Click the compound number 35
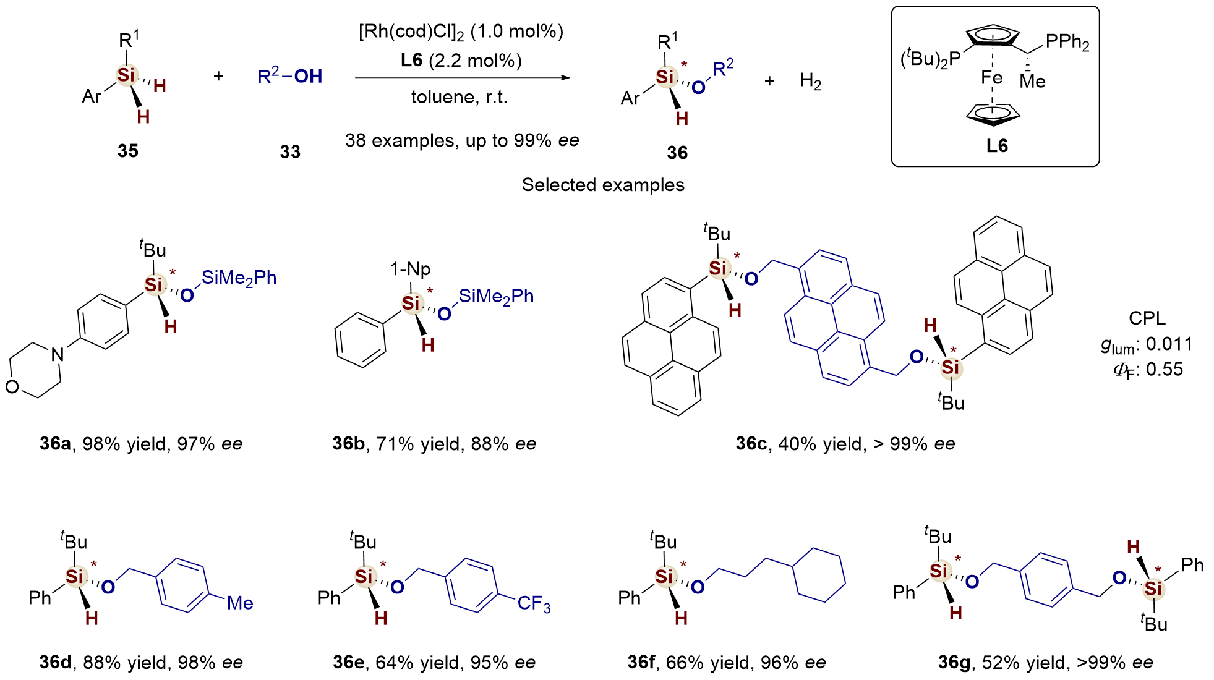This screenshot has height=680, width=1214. point(128,151)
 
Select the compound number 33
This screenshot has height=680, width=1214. point(290,151)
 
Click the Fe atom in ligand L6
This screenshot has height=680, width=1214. point(991,78)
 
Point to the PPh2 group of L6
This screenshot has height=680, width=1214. point(1067,42)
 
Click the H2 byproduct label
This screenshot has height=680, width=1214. point(810,81)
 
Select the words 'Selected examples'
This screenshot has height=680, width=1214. point(603,185)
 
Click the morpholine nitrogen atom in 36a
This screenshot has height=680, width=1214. point(58,354)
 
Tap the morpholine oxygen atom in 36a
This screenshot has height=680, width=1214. point(12,387)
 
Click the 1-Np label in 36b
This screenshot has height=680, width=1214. point(410,269)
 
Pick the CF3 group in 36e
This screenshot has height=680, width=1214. point(534,603)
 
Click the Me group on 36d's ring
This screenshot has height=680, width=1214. point(240,603)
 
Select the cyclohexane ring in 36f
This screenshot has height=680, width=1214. point(819,575)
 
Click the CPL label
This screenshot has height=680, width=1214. point(1147,318)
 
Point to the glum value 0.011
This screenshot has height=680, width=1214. point(1169,344)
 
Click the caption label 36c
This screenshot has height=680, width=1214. point(751,444)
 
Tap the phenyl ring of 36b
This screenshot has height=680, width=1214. point(361,341)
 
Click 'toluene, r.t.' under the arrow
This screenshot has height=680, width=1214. point(459,98)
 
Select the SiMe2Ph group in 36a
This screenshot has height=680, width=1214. point(239,278)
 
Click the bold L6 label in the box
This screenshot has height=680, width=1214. point(997,146)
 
